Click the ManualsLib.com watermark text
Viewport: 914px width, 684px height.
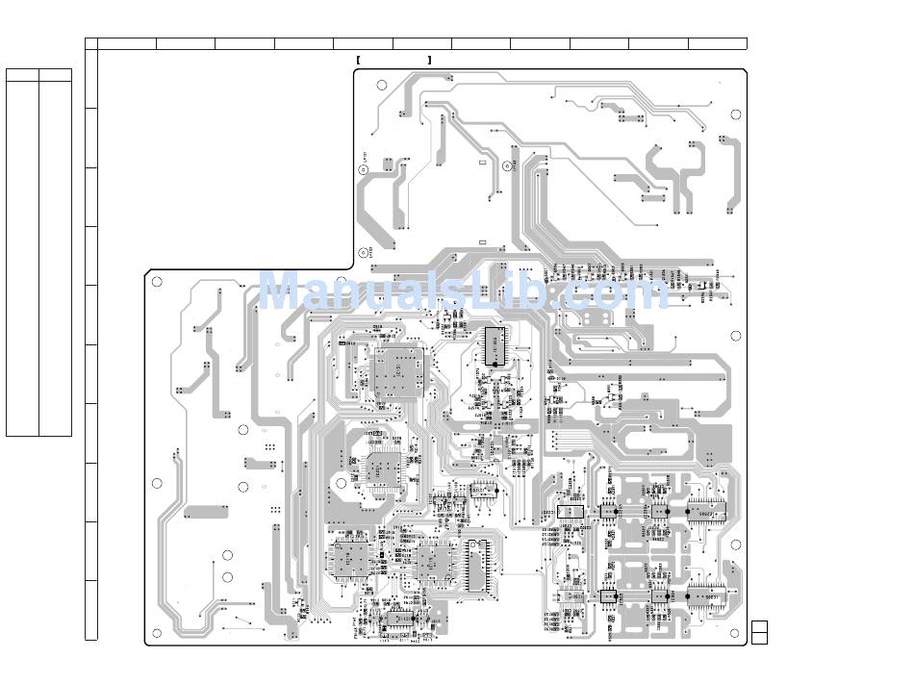pos(462,291)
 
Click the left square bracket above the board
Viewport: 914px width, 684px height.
pos(357,61)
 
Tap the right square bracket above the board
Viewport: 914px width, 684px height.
pos(430,61)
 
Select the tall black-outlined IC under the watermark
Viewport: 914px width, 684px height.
pos(494,346)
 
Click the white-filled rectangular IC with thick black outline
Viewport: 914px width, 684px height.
pos(571,510)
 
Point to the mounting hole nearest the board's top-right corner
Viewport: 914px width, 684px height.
pos(736,114)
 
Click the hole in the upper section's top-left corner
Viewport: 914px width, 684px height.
pos(382,86)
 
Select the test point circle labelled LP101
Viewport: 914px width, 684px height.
pos(364,169)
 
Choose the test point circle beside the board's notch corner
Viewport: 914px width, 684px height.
pos(364,252)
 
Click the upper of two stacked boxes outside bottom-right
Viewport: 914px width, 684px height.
pos(759,626)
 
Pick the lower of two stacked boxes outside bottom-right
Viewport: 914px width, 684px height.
pos(759,637)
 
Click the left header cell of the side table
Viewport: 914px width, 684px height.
pos(22,74)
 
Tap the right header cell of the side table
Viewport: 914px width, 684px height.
pos(55,74)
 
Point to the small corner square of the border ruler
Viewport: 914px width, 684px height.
pos(91,43)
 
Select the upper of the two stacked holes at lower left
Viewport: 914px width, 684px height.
pos(227,555)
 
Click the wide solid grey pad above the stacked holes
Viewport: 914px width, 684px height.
pos(206,512)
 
